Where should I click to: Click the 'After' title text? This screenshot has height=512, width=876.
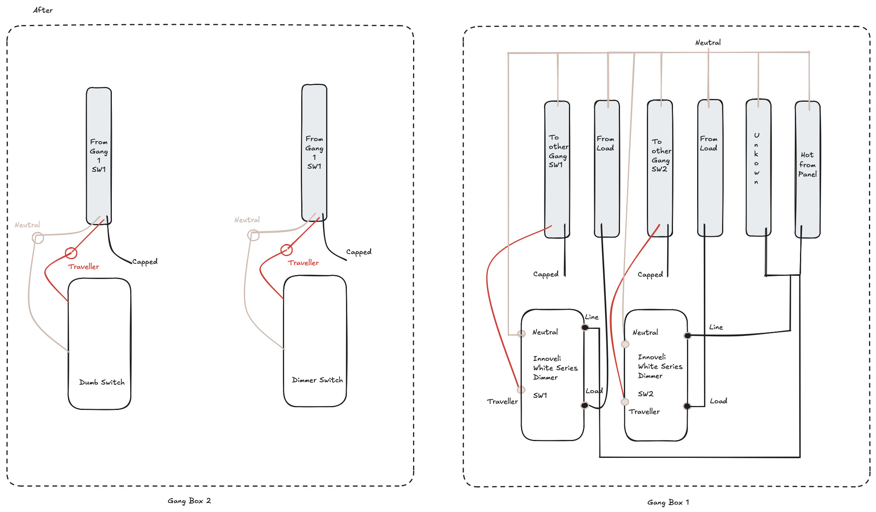[x=43, y=10]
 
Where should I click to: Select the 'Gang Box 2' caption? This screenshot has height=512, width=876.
[x=189, y=501]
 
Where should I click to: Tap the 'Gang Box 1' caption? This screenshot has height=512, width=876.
[x=668, y=502]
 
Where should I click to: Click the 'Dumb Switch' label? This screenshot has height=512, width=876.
[x=102, y=382]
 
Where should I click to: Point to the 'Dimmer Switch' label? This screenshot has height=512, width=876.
[x=317, y=380]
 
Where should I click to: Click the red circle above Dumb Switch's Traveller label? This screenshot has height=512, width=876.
[x=71, y=253]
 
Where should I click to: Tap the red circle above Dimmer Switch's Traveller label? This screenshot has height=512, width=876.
[x=286, y=249]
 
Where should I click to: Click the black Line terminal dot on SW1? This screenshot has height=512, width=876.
[x=585, y=327]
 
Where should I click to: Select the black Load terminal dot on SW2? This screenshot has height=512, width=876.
[x=687, y=406]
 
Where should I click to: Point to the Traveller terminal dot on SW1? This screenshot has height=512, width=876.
[x=521, y=390]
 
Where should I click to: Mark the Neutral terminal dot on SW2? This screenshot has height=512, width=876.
[x=625, y=344]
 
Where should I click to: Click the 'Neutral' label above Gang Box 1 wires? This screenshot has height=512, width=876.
[x=708, y=42]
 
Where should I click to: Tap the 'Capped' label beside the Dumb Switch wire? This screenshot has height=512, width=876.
[x=145, y=262]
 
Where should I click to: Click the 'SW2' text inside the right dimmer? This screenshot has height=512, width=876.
[x=645, y=394]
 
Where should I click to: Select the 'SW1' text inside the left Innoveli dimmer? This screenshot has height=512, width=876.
[x=540, y=395]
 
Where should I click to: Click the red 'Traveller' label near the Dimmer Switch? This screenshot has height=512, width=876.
[x=303, y=263]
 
